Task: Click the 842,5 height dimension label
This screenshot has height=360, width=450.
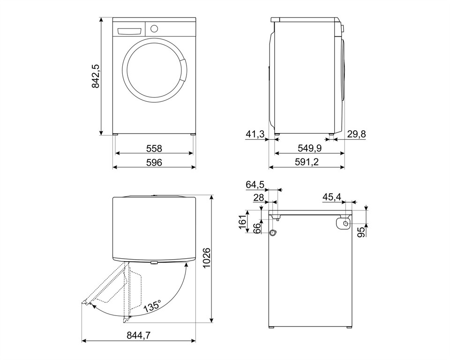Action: (x=96, y=76)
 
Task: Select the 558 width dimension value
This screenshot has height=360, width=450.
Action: (x=154, y=149)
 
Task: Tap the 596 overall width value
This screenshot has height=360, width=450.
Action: (x=154, y=162)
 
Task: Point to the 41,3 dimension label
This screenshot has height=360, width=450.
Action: (x=255, y=134)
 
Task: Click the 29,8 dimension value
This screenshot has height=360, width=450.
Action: (x=356, y=134)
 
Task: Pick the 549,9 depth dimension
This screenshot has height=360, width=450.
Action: (x=309, y=148)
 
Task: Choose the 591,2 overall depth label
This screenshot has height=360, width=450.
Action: (x=307, y=162)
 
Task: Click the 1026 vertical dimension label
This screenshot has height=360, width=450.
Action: (x=207, y=258)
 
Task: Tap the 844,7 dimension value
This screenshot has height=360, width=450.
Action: (x=139, y=335)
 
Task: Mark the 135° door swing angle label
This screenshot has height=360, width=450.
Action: (x=152, y=307)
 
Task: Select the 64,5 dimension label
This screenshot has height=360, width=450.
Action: (x=255, y=185)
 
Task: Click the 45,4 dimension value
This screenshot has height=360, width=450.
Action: (x=332, y=197)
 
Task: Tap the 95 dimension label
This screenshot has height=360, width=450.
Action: (x=362, y=232)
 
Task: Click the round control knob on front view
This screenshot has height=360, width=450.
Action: (x=154, y=29)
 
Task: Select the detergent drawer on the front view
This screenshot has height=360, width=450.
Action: (x=129, y=31)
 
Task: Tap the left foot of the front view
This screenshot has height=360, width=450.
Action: (x=115, y=134)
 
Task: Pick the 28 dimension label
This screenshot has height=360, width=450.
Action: (x=258, y=197)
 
